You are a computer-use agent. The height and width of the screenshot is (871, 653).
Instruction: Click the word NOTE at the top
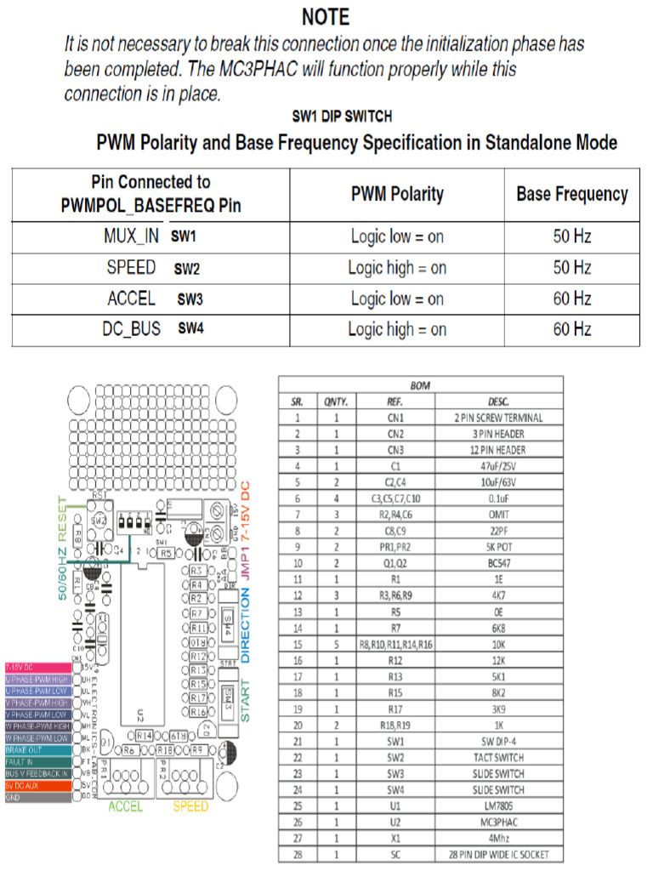click(326, 17)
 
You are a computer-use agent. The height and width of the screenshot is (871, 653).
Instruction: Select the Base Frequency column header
click(571, 194)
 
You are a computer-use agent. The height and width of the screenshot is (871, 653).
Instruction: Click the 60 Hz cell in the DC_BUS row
click(571, 329)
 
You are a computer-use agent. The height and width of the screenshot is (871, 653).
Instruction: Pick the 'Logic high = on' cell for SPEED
click(397, 268)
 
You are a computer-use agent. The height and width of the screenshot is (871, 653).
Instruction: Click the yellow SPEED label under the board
click(190, 806)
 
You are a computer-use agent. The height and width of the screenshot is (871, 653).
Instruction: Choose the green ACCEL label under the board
click(125, 806)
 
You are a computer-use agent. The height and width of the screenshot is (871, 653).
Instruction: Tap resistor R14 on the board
click(144, 734)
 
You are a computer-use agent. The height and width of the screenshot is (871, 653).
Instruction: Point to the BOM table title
click(420, 385)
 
